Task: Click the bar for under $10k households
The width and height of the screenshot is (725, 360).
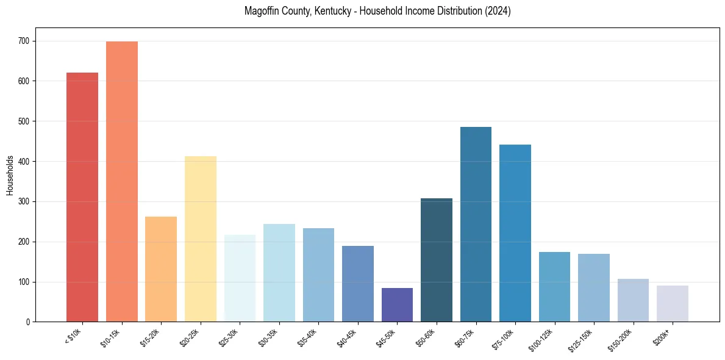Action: [82, 197]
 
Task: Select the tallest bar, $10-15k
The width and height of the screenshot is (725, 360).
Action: [122, 181]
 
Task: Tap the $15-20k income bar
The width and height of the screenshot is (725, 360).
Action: [161, 269]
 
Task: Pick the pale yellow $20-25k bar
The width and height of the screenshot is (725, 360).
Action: [201, 239]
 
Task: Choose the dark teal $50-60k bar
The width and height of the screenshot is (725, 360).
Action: [437, 260]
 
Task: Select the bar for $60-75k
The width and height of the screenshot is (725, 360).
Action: [476, 224]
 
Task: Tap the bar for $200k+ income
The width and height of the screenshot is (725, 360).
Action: [673, 303]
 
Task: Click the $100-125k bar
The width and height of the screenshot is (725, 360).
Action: [554, 287]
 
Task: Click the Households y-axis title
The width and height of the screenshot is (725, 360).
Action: [10, 175]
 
